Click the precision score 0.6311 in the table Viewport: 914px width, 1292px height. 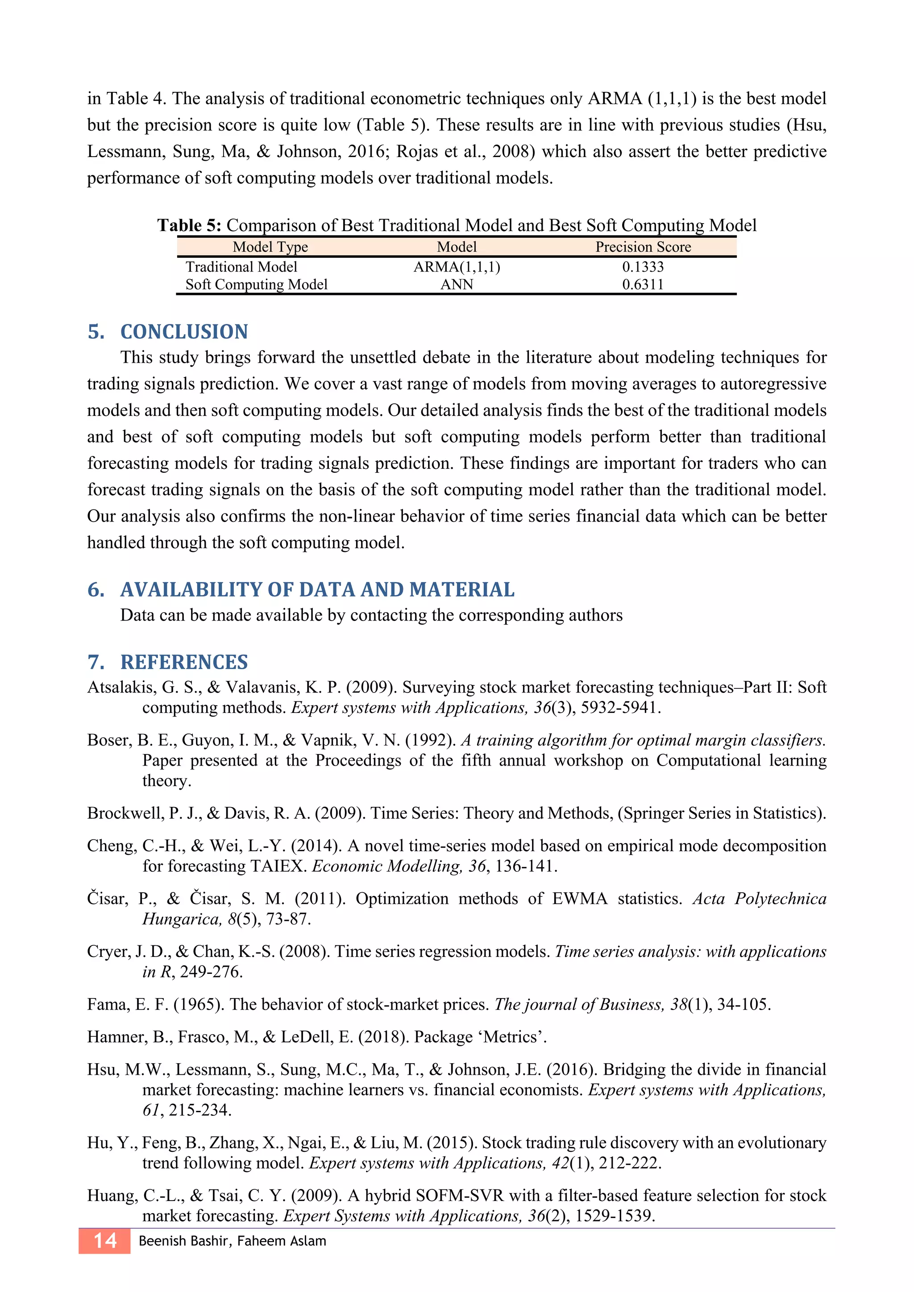click(643, 284)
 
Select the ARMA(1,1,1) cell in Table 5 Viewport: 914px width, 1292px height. click(457, 266)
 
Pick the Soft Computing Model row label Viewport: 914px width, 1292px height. click(256, 284)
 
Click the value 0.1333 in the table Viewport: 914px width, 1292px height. click(643, 266)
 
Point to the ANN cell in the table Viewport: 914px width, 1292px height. click(457, 284)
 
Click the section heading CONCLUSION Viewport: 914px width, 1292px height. click(184, 331)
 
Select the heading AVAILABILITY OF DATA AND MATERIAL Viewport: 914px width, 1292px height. click(317, 589)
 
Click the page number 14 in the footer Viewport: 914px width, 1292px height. click(105, 1241)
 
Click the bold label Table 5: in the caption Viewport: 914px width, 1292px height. click(190, 225)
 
